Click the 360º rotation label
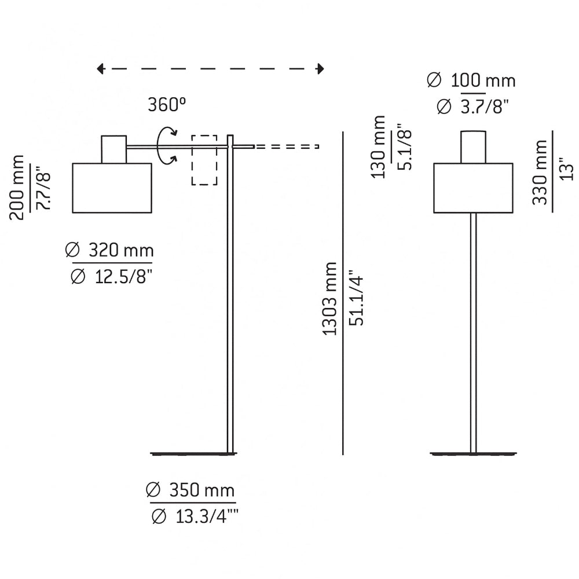click(167, 105)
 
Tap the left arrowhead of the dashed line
click(100, 69)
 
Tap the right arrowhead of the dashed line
click(320, 69)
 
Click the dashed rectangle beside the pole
click(204, 160)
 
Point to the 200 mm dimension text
click(18, 188)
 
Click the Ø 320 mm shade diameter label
click(109, 251)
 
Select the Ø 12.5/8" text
click(111, 276)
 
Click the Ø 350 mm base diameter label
click(190, 490)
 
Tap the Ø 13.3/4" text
click(195, 516)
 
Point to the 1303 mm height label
click(330, 298)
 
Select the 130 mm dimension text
click(379, 147)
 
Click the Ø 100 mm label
click(471, 80)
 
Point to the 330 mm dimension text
click(540, 172)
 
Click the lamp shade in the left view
click(112, 188)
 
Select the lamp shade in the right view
click(474, 188)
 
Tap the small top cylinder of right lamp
click(474, 147)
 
